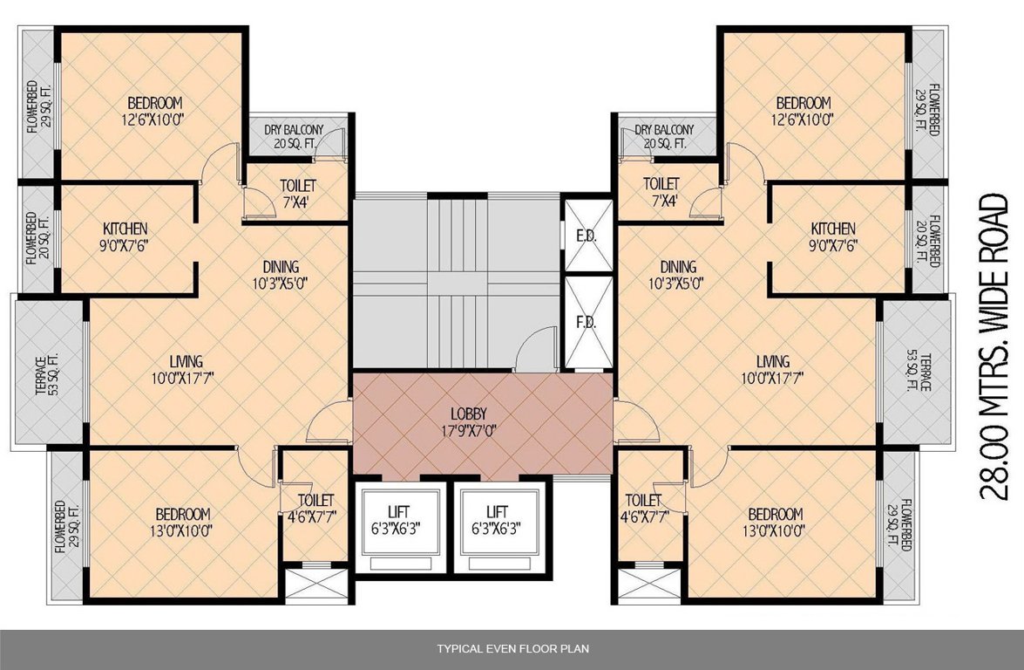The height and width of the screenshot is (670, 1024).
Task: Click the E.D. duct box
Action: click(586, 236)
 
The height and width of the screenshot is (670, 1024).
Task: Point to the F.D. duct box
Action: click(586, 323)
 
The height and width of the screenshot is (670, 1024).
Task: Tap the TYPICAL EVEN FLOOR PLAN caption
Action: click(512, 649)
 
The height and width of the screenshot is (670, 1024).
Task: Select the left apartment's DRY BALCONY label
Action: click(294, 137)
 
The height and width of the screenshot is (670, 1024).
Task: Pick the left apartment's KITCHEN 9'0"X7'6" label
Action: click(125, 236)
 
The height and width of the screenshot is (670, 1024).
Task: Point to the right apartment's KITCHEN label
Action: click(833, 236)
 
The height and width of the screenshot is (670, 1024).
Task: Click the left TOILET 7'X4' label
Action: click(297, 193)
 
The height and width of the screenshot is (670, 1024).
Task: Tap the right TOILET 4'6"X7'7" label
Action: click(643, 508)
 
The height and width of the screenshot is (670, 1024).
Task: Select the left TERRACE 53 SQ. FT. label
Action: click(46, 374)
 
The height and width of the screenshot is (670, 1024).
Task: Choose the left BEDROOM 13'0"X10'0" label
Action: click(184, 521)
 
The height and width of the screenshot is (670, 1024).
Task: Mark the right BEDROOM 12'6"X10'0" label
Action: click(804, 111)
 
